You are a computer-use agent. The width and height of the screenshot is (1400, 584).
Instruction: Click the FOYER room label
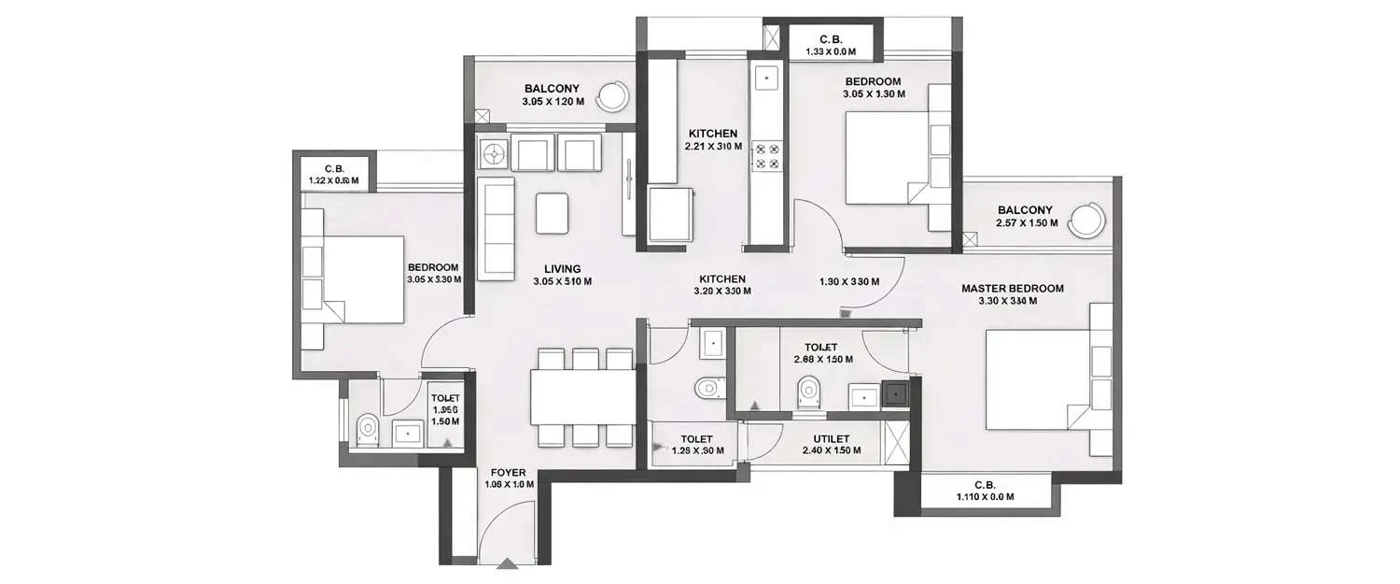pyautogui.click(x=509, y=472)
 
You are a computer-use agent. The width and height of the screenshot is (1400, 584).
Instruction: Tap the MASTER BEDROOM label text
pyautogui.click(x=1013, y=289)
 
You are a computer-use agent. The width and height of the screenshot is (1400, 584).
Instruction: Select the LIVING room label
pyautogui.click(x=563, y=269)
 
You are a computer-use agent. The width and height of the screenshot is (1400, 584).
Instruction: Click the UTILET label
pyautogui.click(x=831, y=438)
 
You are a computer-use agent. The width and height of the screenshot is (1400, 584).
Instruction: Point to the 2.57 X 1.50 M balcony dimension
pyautogui.click(x=1026, y=223)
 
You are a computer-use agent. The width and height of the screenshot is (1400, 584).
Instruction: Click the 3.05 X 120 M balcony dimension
pyautogui.click(x=551, y=101)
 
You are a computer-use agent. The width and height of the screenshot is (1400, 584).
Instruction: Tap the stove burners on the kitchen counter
pyautogui.click(x=766, y=156)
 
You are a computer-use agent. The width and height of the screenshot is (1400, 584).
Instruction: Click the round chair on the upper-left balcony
pyautogui.click(x=613, y=95)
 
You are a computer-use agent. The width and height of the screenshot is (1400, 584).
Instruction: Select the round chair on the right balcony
pyautogui.click(x=1085, y=221)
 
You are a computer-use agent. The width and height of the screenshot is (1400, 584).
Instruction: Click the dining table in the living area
pyautogui.click(x=582, y=396)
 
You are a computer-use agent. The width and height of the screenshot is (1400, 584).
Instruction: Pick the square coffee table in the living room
pyautogui.click(x=552, y=213)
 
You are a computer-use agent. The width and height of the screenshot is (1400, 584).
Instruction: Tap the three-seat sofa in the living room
pyautogui.click(x=497, y=228)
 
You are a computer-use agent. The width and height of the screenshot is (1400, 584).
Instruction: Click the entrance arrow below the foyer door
pyautogui.click(x=507, y=563)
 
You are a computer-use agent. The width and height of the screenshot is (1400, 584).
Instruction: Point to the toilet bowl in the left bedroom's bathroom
pyautogui.click(x=368, y=429)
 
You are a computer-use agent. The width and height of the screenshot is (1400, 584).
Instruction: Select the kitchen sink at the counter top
pyautogui.click(x=766, y=77)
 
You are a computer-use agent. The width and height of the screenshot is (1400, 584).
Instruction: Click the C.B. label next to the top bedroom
pyautogui.click(x=831, y=39)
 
